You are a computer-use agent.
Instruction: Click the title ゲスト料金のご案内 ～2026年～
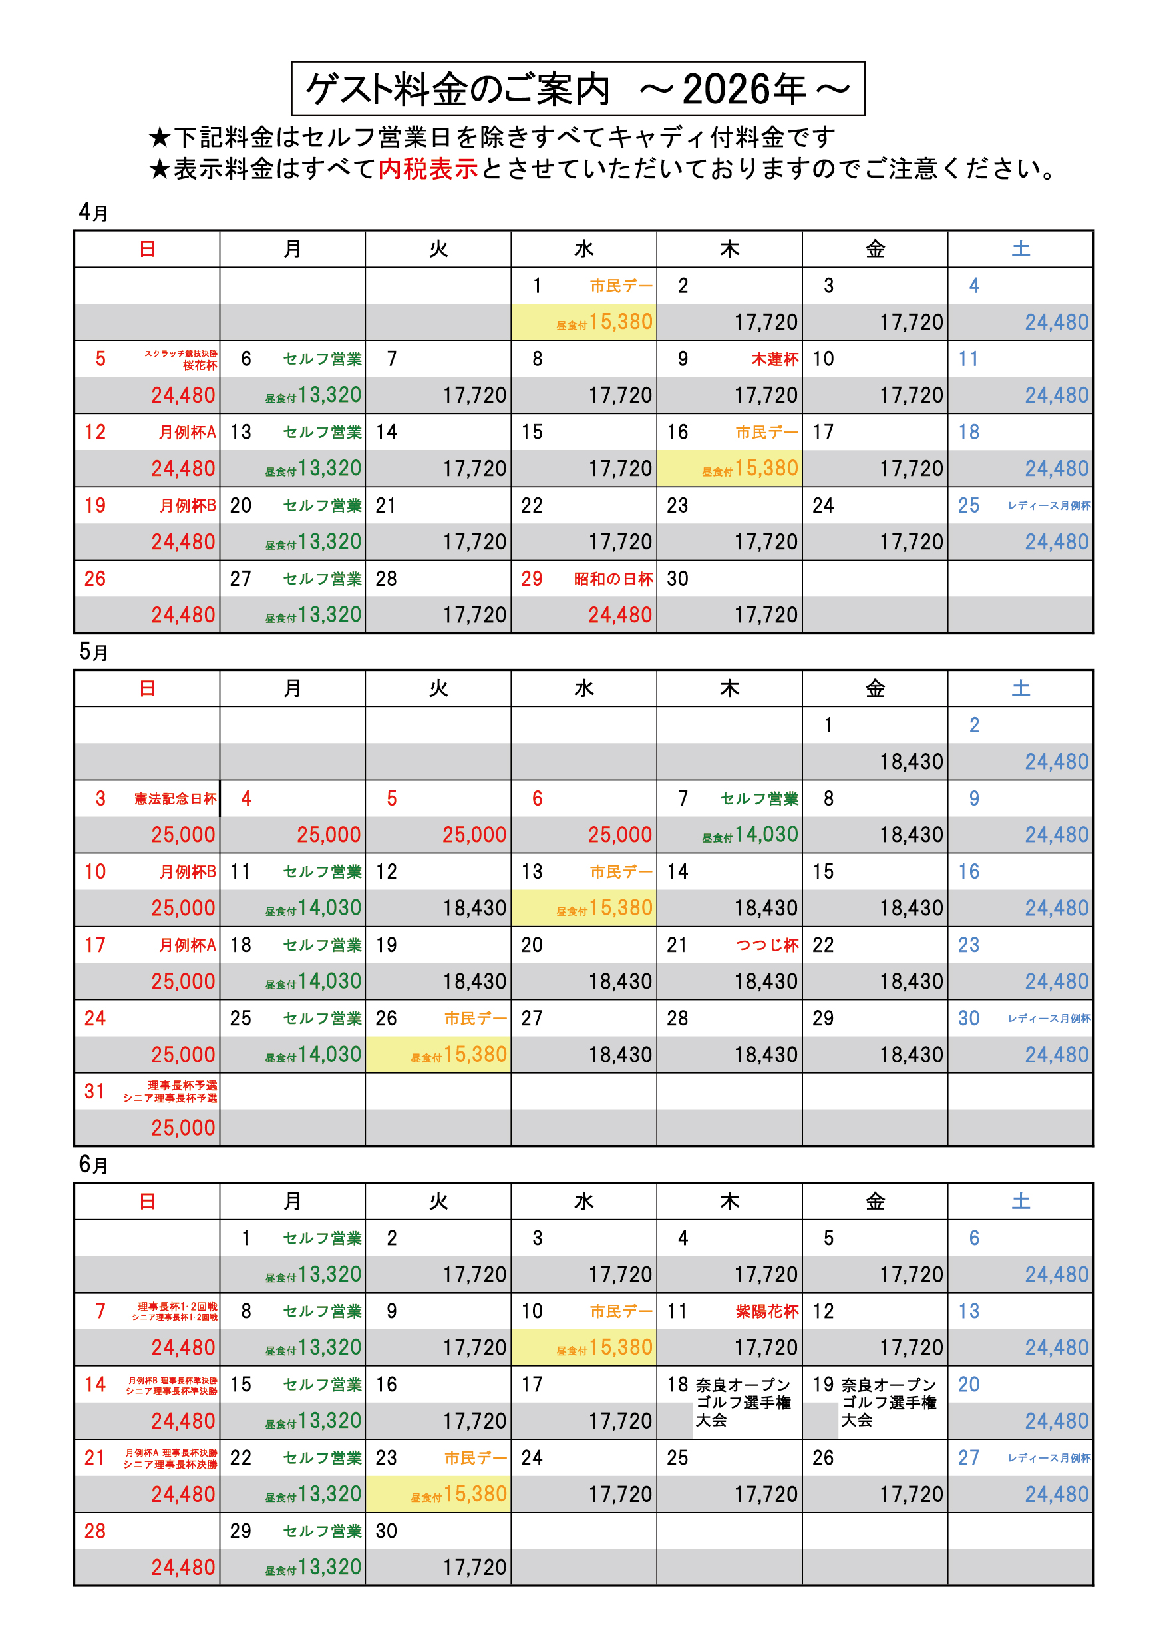pos(578,89)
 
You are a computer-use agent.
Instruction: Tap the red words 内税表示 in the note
pos(428,169)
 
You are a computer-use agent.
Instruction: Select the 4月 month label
pos(92,212)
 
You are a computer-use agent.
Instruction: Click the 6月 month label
pos(92,1164)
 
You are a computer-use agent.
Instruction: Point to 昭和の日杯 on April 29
pos(613,579)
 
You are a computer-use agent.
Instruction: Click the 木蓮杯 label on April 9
pos(774,359)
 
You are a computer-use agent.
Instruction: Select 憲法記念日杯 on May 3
pos(175,798)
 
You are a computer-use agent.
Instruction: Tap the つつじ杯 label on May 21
pos(767,945)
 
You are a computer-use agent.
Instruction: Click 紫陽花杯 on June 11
pos(766,1311)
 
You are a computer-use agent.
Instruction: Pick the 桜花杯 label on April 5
pos(199,365)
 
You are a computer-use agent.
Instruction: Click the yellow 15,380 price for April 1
pos(620,322)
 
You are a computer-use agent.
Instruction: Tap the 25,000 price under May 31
pos(182,1128)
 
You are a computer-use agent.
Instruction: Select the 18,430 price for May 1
pos(911,762)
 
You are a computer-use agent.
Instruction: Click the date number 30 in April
pos(677,579)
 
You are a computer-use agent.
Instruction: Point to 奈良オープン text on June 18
pos(743,1385)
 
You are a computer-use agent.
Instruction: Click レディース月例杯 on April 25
pos(1049,505)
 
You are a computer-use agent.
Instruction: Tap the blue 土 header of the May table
pos(1020,688)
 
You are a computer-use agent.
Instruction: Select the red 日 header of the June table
pos(146,1201)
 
